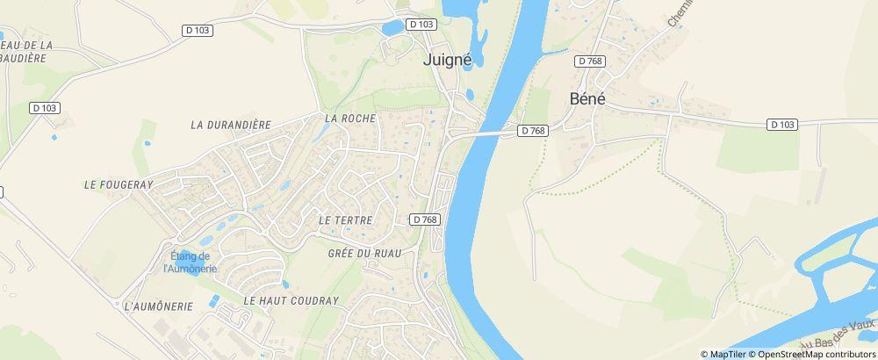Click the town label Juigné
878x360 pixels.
point(447,61)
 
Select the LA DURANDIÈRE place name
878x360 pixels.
point(231,125)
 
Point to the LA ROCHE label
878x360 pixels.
point(349,118)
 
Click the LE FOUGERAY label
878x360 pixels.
point(118,185)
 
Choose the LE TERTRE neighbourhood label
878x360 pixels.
point(346,220)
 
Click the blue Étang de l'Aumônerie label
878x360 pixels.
point(187,262)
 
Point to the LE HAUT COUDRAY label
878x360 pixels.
point(291,300)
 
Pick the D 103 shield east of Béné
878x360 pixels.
point(781,125)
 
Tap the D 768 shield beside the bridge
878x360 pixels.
point(532,131)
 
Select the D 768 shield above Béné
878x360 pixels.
point(588,61)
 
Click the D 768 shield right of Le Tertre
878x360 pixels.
point(424,219)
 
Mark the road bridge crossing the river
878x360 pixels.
point(487,134)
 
